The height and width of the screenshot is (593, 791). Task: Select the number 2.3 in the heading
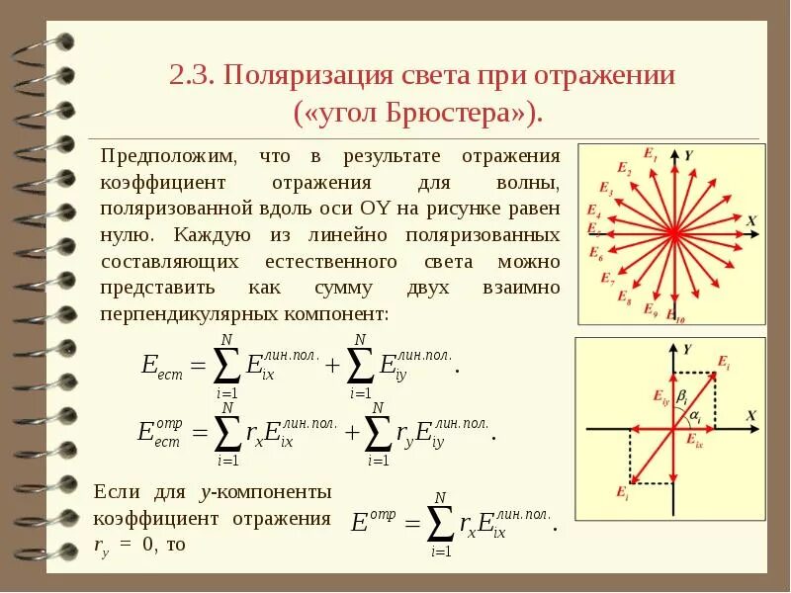193,75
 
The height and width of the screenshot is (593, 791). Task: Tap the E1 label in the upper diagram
650,154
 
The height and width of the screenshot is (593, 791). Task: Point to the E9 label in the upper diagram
650,309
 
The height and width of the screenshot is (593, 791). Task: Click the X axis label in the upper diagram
751,220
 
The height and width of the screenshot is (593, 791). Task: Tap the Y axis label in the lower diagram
686,349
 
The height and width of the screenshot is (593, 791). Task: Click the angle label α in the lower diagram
695,416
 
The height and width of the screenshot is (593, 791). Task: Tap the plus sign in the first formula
331,366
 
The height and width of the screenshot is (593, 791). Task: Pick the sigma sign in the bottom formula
441,523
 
